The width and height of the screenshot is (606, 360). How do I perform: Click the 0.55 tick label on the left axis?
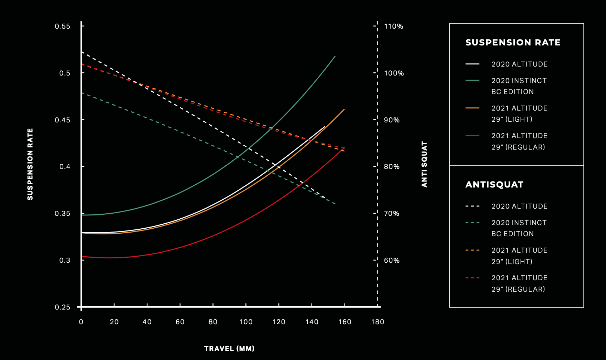click(62, 26)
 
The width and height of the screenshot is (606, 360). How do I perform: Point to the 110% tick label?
click(394, 26)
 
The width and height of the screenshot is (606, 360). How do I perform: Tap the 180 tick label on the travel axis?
click(378, 322)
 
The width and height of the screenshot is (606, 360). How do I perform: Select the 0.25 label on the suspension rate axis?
click(62, 307)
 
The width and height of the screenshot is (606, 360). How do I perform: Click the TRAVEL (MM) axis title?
click(229, 349)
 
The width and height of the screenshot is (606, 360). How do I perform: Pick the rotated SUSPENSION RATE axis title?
click(30, 164)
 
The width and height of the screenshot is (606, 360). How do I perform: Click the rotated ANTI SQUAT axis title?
click(425, 164)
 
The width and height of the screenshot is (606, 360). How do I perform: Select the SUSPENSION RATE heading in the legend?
click(513, 43)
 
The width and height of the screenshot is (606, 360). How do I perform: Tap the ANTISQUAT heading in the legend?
click(494, 185)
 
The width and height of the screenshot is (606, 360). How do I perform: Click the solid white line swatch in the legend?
click(472, 64)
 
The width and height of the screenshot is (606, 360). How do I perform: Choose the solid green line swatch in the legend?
click(472, 81)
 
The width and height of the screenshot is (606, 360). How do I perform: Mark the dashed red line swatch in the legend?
click(472, 278)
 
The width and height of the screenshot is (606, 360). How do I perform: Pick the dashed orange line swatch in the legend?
click(472, 250)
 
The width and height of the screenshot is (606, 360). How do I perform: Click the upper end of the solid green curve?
click(335, 56)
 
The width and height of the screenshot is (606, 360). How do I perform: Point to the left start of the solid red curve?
click(82, 256)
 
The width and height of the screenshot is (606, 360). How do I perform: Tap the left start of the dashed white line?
click(82, 52)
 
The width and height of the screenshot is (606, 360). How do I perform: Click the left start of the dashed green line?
click(82, 93)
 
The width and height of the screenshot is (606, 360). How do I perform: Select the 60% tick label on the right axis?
click(392, 260)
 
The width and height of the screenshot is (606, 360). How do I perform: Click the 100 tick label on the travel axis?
click(246, 322)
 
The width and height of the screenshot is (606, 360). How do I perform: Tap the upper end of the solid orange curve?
click(344, 109)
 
